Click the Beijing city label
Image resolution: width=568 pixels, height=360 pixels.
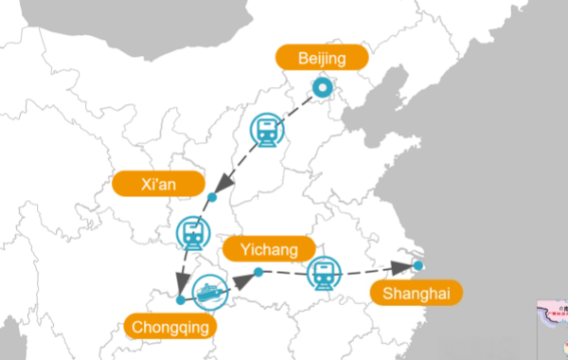[x=322, y=59]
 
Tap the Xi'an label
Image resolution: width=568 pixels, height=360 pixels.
[x=158, y=183]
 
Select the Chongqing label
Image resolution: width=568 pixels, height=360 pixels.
[x=169, y=327]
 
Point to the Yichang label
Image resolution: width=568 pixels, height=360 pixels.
[x=267, y=250]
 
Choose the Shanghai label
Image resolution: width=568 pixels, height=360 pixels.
[x=416, y=293]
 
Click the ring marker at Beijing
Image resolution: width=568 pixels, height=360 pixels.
[x=323, y=90]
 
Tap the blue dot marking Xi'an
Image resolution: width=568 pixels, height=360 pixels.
[x=211, y=197]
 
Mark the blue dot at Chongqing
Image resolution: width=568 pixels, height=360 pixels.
[x=181, y=299]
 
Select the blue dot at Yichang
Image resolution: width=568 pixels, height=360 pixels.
[x=257, y=273]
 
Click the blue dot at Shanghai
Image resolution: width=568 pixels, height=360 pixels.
[x=418, y=266]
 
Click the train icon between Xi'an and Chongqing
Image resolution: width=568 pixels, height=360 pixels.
[x=192, y=232]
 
